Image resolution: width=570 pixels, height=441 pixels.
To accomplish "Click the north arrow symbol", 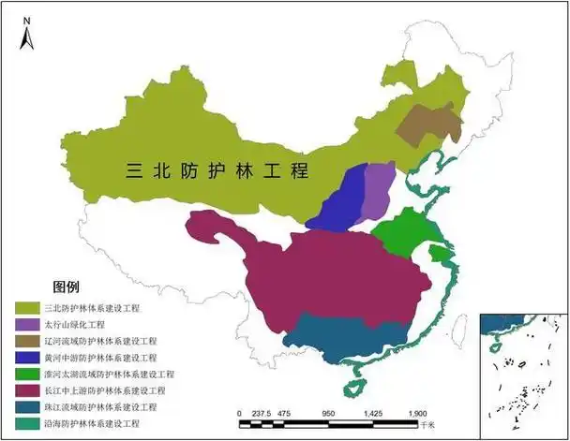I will tap(27, 34).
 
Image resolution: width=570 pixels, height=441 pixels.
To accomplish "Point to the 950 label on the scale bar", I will tap(328, 413).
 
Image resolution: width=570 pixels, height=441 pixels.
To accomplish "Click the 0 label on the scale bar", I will tap(240, 413).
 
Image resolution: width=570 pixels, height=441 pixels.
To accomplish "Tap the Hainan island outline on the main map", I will tap(356, 387).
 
